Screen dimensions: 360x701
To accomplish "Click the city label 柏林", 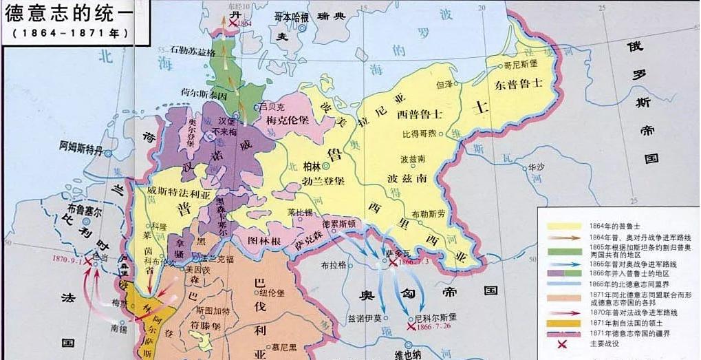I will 312,166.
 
